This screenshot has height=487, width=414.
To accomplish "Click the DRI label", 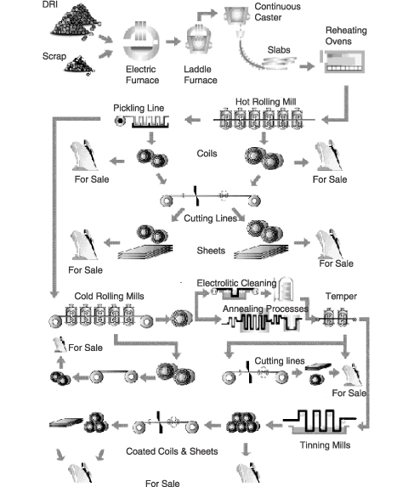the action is point(50,4).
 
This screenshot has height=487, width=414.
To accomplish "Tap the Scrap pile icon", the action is point(79,65).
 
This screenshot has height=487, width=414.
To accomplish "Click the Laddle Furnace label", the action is point(201,75).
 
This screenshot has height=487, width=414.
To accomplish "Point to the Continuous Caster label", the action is point(277,12).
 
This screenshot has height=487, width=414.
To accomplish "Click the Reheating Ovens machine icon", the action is point(343,61).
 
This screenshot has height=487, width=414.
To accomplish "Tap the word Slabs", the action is point(279,49).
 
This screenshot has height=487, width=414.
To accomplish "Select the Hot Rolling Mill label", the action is point(265,101).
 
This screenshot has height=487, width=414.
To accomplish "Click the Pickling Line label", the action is point(139,108).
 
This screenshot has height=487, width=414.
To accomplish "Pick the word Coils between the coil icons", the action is point(207,154).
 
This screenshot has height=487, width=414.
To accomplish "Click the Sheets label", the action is point(211,251).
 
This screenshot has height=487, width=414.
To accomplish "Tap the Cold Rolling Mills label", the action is point(109,296).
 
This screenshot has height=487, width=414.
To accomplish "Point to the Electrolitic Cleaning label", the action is point(236,283).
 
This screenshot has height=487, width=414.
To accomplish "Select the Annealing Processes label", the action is point(265,309).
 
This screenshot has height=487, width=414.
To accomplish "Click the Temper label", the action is point(341,297).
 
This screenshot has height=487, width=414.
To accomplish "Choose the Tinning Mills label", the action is point(325,445).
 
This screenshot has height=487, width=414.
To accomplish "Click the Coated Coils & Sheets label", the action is point(172,451).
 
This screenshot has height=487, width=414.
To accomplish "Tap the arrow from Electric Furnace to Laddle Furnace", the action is point(173,42).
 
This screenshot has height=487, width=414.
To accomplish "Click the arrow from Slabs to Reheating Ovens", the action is point(307,66).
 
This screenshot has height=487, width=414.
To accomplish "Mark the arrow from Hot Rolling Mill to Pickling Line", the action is point(193,120).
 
